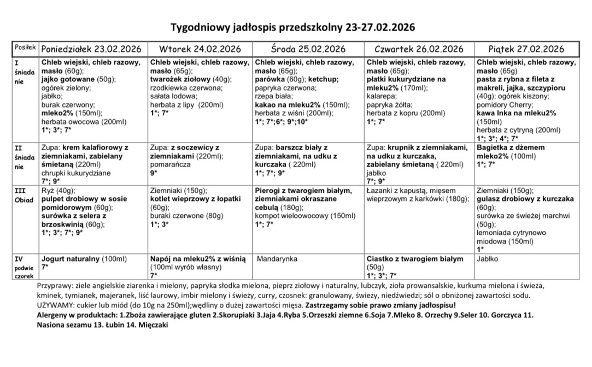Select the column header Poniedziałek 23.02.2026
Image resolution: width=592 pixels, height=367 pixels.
(91, 49)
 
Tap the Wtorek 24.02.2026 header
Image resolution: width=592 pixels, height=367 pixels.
(200, 49)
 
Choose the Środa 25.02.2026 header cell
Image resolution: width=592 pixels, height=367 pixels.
(308, 49)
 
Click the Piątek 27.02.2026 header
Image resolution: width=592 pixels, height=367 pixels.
(527, 49)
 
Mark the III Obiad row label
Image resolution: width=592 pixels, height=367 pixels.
(24, 195)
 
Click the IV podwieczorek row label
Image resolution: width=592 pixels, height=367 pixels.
(25, 267)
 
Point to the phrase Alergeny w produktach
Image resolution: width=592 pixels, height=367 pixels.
(76, 315)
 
